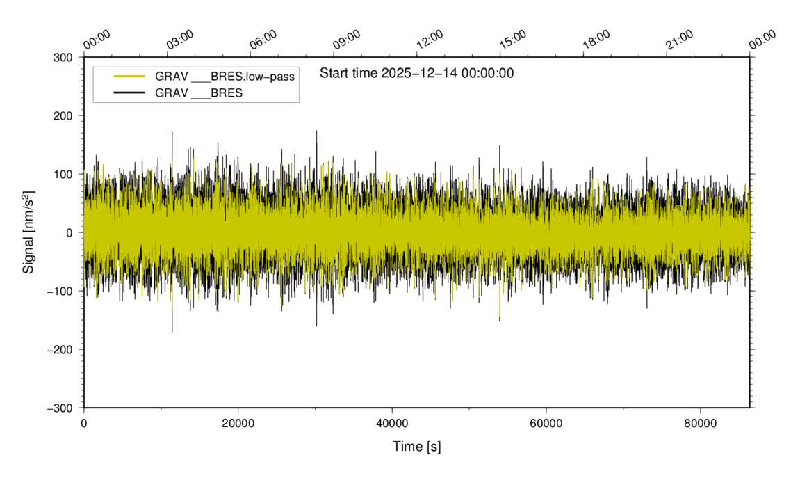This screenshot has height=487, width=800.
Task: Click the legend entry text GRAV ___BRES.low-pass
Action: click(x=225, y=77)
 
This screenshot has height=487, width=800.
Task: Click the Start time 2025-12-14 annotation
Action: click(x=416, y=73)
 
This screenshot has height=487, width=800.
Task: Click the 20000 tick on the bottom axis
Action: click(x=238, y=423)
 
